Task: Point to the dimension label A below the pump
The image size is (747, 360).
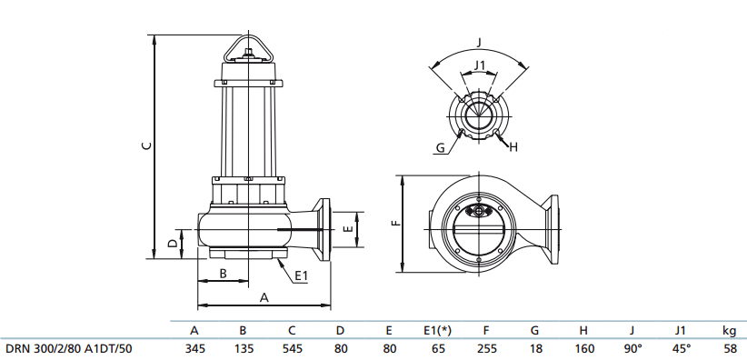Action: pos(264,297)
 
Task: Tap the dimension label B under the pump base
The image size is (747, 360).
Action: pos(223,274)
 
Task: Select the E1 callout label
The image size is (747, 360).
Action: pos(302,275)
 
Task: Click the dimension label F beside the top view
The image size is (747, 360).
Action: pos(395,223)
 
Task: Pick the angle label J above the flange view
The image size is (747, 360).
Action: pos(479,43)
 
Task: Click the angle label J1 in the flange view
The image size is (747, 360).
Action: pos(479,65)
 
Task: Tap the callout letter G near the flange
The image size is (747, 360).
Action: pos(441,148)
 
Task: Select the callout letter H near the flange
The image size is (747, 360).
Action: pos(513,147)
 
